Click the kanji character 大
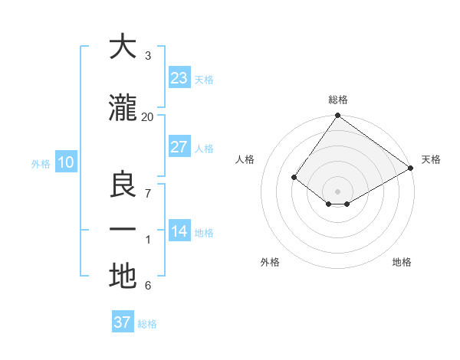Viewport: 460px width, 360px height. pos(123,47)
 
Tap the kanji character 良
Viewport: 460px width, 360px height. pos(123,185)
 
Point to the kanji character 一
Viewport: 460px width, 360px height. pos(123,231)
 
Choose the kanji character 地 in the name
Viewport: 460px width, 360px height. pos(123,277)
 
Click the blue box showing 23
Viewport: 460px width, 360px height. pos(179,78)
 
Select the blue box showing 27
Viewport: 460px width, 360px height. pos(179,147)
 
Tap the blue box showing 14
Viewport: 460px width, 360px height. pos(179,231)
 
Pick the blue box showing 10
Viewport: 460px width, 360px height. pos(65,162)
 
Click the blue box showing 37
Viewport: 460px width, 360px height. pos(122,322)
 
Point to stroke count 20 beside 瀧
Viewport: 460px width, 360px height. pos(147,116)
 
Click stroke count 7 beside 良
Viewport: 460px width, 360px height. pos(147,194)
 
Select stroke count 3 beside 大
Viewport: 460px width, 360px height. pos(147,56)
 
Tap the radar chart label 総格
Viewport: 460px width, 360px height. pos(337,100)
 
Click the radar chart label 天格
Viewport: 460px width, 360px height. pos(431,159)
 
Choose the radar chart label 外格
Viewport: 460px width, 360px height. pos(270,262)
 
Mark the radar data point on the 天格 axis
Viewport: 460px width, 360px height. pos(411,168)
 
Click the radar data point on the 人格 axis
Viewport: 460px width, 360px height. pos(294,177)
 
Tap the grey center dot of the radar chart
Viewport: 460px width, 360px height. pos(337,191)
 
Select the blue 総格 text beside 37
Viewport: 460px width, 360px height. pos(147,324)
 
